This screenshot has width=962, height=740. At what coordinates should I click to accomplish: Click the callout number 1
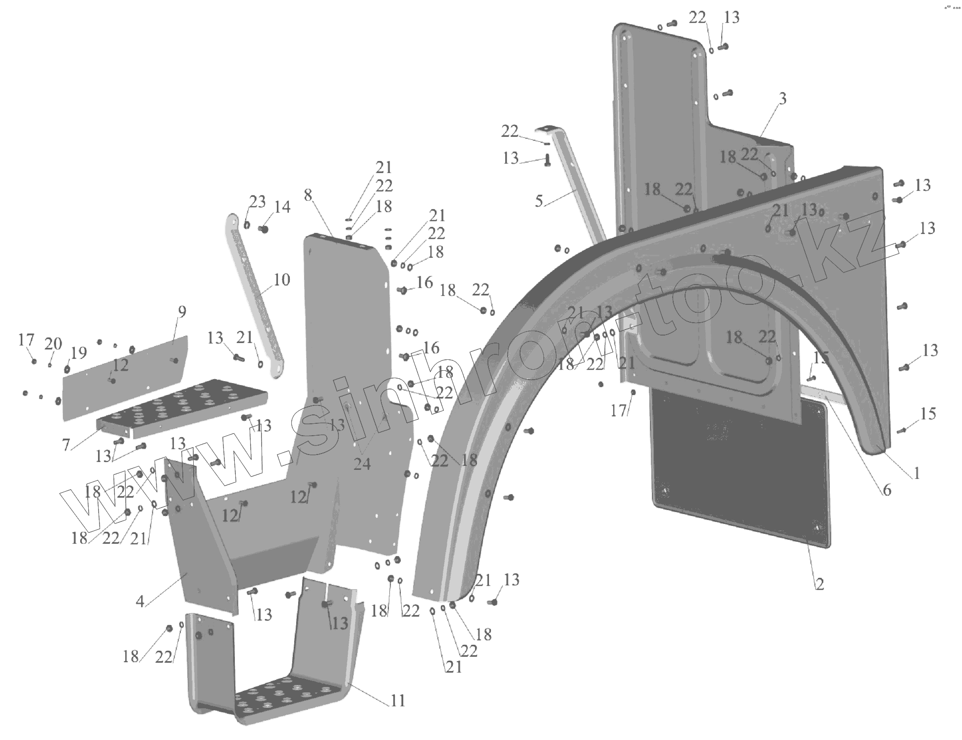point(916,473)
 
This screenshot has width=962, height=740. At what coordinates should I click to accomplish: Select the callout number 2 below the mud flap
point(820,584)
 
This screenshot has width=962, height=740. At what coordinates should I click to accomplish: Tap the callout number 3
point(782,99)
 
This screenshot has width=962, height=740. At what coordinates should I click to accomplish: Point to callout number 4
point(140,601)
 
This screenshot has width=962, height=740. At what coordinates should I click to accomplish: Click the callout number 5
point(539,201)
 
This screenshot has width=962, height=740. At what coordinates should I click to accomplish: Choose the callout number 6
point(887,490)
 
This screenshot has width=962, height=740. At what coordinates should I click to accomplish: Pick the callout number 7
point(66,445)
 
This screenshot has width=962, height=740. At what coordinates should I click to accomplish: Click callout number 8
point(308,195)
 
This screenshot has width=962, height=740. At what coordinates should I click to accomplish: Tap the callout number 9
point(182,312)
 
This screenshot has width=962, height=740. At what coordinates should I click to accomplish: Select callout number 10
point(281,280)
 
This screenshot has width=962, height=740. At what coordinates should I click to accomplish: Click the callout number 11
point(398,700)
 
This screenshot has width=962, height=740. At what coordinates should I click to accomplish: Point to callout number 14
point(282,207)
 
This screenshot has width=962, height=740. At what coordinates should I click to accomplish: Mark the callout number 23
point(257,202)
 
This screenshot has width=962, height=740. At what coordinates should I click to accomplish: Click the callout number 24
point(362,464)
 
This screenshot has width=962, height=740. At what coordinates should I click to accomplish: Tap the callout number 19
point(79,353)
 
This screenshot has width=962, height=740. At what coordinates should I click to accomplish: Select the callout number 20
point(53,343)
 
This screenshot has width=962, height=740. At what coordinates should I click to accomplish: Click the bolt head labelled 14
point(264,229)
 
